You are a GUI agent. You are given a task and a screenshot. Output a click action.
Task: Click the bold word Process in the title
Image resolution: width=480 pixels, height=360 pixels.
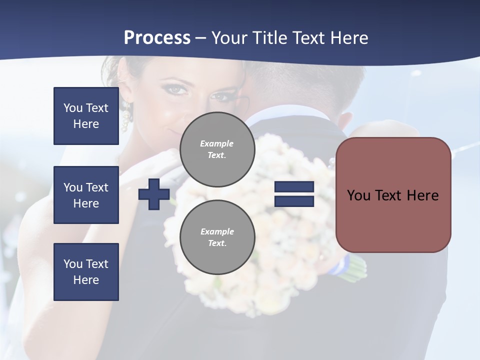point(157,38)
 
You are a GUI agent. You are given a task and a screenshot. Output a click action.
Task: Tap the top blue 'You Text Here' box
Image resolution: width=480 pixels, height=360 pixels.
point(86,116)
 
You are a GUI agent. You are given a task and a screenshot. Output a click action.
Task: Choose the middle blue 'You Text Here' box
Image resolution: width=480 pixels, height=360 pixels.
point(86,195)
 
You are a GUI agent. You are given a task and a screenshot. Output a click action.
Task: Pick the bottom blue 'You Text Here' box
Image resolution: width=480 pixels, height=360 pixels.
point(86,272)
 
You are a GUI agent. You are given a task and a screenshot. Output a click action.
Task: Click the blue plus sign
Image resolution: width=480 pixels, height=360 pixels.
point(154,194)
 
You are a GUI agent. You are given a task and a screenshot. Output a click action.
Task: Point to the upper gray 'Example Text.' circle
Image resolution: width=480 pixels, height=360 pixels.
point(217,149)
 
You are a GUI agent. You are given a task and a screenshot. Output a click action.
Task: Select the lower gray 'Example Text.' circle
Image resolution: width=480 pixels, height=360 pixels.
point(217,237)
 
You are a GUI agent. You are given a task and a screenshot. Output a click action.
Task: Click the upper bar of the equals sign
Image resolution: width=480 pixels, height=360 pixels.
point(294,187)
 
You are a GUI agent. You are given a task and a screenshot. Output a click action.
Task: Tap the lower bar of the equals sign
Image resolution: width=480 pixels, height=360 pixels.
point(294,201)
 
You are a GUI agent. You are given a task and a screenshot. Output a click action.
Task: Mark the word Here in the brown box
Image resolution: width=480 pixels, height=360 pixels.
point(423,195)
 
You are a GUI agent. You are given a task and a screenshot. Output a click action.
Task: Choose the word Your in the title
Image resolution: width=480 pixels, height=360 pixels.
point(229,38)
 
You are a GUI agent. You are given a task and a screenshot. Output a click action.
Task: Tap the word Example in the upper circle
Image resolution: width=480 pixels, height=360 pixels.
point(217,143)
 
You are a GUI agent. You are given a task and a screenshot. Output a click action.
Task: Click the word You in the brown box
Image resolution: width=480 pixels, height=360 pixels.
point(358,195)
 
